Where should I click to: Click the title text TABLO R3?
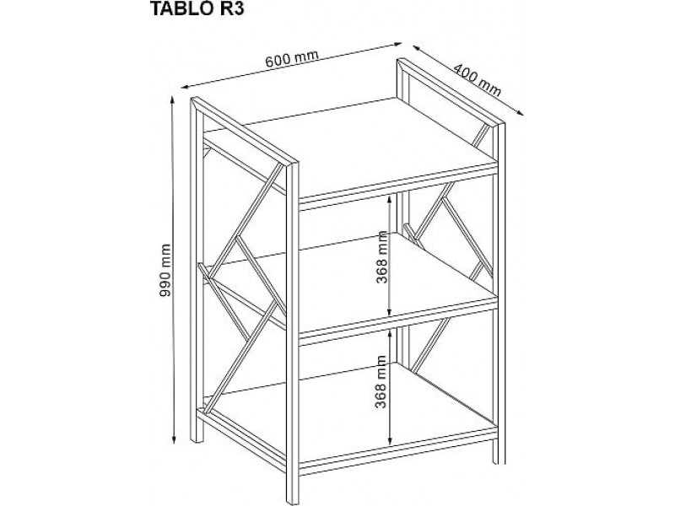coord(197,8)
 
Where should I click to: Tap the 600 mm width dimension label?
coord(291,58)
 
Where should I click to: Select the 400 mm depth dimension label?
coord(478,79)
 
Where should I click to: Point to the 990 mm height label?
coord(165,270)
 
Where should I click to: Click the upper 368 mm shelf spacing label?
coord(382,257)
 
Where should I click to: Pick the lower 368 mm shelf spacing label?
coord(381,382)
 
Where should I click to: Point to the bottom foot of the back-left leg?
coord(197,438)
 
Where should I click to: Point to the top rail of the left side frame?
coord(245,131)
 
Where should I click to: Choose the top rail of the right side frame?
coord(451,92)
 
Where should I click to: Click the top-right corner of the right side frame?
coord(504,124)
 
